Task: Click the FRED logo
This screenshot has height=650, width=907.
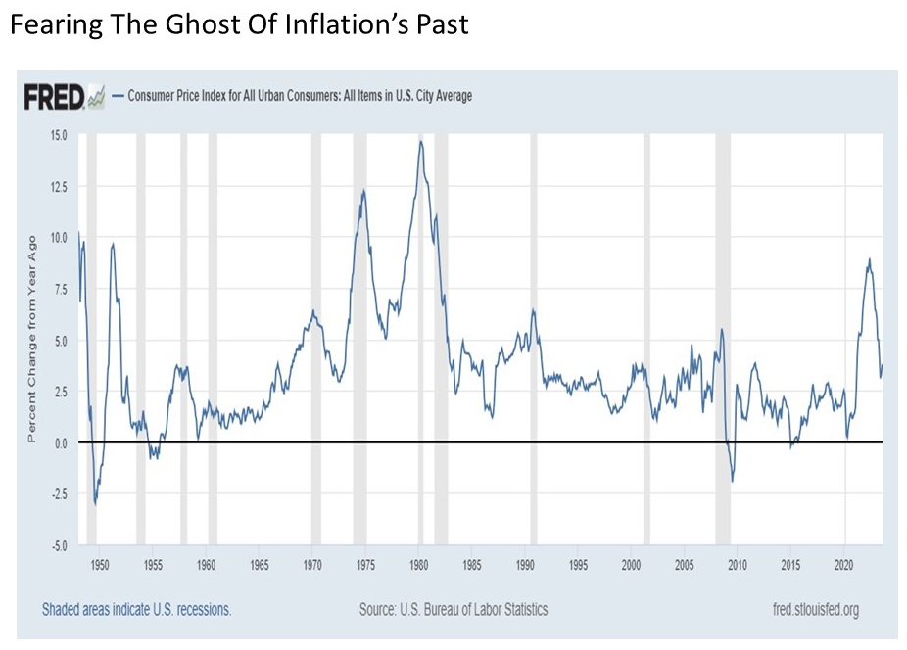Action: pyautogui.click(x=53, y=97)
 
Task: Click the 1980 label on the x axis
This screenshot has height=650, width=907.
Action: pyautogui.click(x=418, y=565)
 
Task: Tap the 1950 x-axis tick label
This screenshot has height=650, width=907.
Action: pyautogui.click(x=99, y=565)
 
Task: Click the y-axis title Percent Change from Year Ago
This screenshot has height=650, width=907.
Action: pyautogui.click(x=33, y=338)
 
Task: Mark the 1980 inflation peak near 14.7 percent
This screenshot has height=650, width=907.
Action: pyautogui.click(x=420, y=142)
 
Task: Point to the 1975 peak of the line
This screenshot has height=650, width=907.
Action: pyautogui.click(x=363, y=191)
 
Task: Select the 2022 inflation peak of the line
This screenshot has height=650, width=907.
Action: pyautogui.click(x=869, y=259)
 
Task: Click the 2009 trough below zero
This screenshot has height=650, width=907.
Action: pyautogui.click(x=733, y=481)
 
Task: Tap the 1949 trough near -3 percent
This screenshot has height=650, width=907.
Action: pyautogui.click(x=95, y=503)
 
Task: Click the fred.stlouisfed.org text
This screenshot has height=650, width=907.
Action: pyautogui.click(x=809, y=609)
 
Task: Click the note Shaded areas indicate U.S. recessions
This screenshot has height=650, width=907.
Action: pyautogui.click(x=136, y=609)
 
